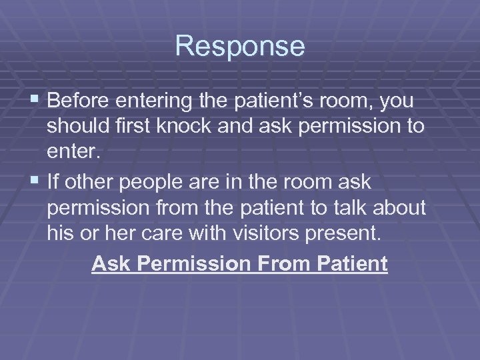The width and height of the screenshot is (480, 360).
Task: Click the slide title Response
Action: click(x=240, y=47)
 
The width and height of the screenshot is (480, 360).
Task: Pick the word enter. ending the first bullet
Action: click(x=73, y=151)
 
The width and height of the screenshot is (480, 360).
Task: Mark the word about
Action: click(x=402, y=208)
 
